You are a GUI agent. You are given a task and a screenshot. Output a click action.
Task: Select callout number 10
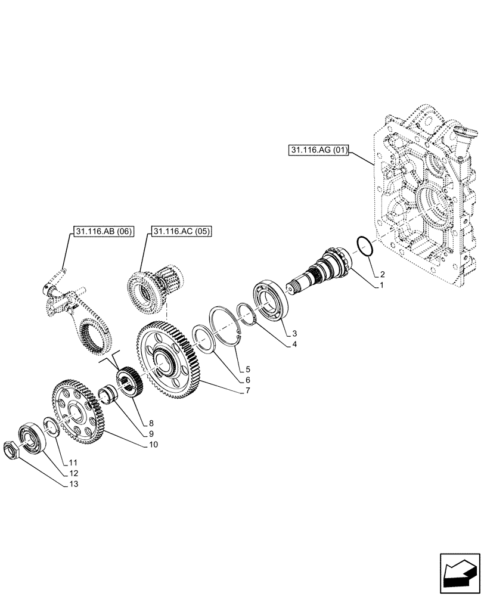[154, 444]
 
